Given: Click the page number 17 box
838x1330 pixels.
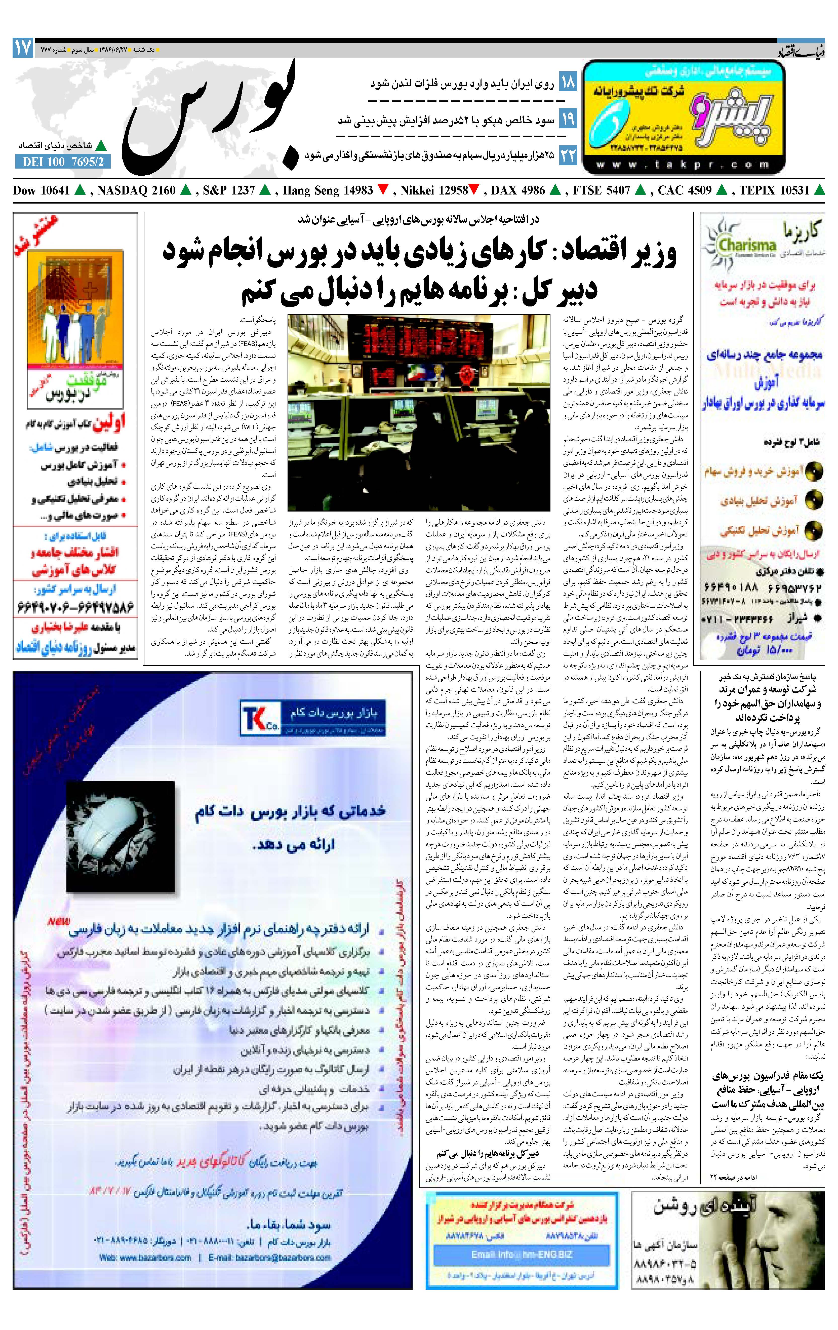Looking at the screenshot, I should (x=23, y=48).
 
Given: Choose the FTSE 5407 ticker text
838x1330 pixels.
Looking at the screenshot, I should (x=601, y=190).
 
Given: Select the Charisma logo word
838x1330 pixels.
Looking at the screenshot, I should (x=747, y=245).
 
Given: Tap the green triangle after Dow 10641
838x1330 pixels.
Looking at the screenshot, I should (x=80, y=190).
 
